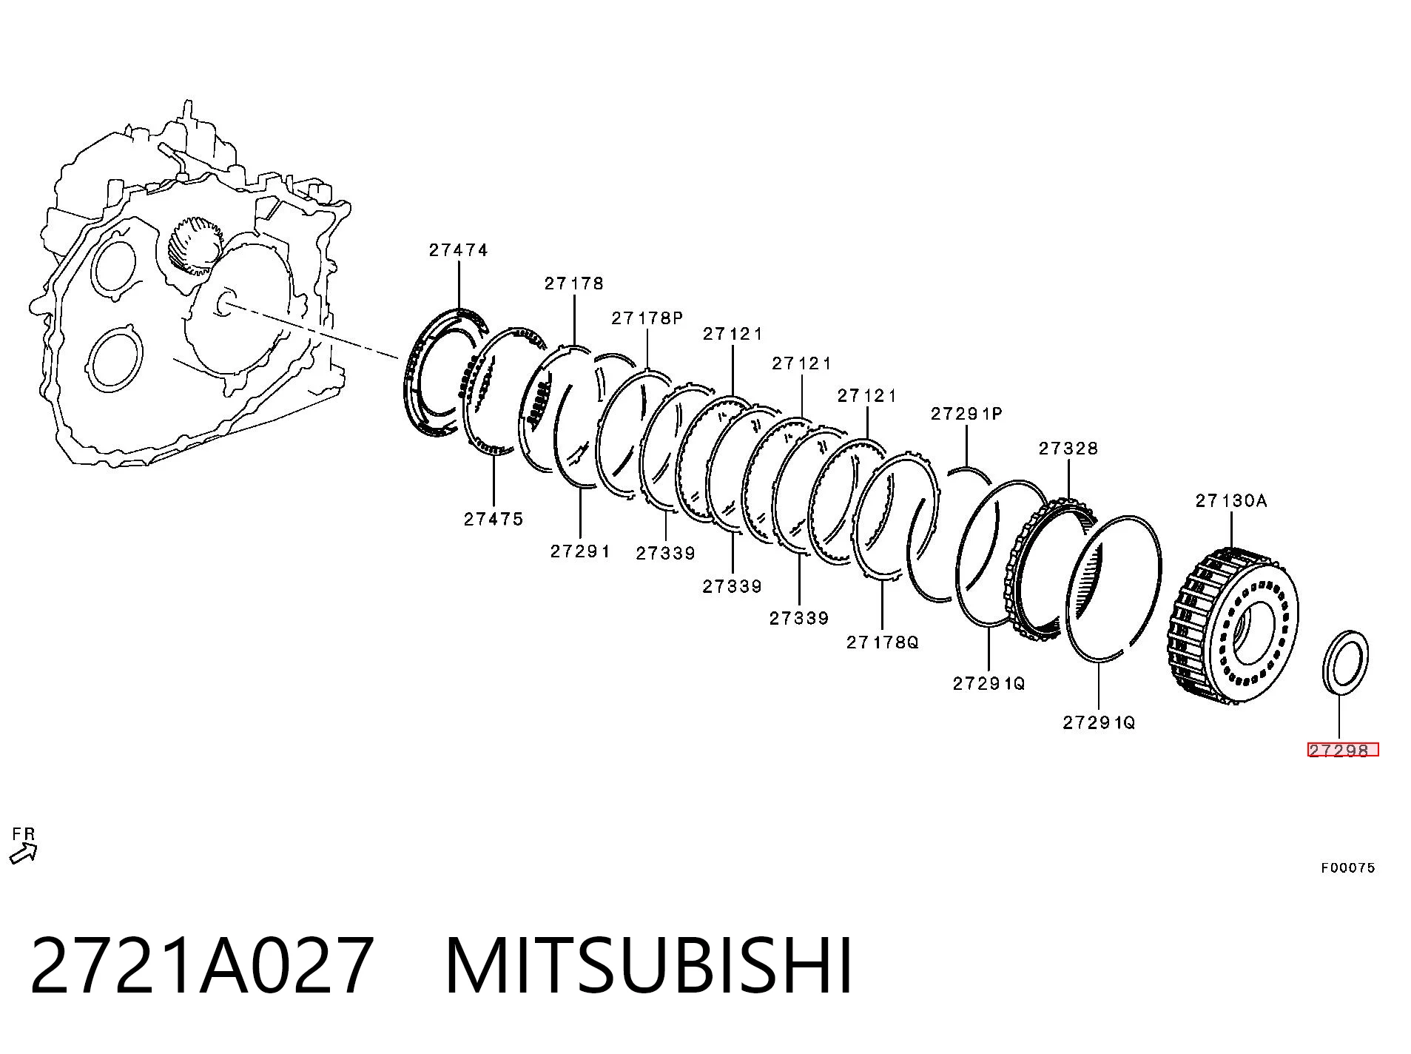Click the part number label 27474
tap(458, 250)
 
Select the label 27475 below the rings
tap(494, 519)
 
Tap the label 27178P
tap(647, 318)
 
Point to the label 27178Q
tap(882, 642)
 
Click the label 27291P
tap(966, 414)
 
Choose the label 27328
tap(1068, 449)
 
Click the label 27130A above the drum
tap(1231, 501)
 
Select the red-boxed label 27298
tap(1343, 750)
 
